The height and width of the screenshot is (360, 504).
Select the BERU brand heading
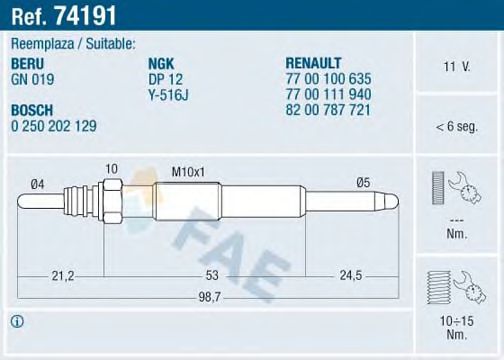(x=30, y=61)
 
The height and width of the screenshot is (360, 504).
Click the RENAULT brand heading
(x=315, y=61)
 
